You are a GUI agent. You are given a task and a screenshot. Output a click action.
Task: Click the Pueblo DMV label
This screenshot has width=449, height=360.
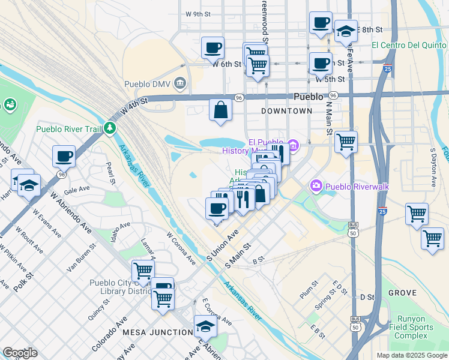point(149,84)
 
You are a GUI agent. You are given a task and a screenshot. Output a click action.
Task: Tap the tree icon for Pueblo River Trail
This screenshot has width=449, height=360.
point(109,128)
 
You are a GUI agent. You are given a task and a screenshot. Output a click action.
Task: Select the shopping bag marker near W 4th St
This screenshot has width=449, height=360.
point(220,110)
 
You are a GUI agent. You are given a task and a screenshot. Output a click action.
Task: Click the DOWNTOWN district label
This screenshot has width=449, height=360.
point(287,111)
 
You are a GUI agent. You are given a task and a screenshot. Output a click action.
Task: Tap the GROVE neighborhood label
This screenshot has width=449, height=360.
point(402,293)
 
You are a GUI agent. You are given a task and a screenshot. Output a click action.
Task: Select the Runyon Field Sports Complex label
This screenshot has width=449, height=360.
point(415,328)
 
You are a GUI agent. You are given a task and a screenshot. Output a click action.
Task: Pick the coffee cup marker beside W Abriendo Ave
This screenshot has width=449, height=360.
point(64,157)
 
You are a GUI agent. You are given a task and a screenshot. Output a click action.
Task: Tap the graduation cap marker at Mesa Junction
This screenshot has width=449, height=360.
point(205,327)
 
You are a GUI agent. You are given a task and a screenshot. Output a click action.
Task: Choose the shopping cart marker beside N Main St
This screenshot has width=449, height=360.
point(346,143)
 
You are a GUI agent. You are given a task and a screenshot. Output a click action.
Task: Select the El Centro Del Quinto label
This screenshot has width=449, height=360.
point(409,45)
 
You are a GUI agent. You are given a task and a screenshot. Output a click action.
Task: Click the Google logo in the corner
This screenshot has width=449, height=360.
point(20,353)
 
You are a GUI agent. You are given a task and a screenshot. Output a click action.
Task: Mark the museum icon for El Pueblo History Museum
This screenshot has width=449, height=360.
point(292,145)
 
